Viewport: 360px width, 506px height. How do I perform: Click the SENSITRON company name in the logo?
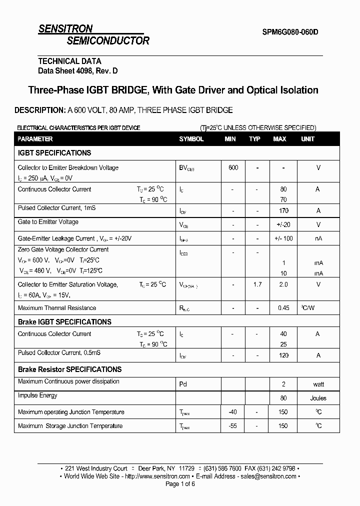tap(65, 29)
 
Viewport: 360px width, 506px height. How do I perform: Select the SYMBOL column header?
tap(191, 139)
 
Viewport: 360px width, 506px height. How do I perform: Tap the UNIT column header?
tap(308, 139)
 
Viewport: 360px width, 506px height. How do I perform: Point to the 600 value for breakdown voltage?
tap(233, 168)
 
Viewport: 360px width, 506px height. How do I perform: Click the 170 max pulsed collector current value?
tap(283, 211)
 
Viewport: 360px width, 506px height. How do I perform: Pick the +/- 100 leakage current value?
tap(283, 238)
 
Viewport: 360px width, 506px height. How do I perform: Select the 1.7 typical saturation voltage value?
tap(257, 284)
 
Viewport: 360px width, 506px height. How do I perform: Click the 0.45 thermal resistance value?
tap(283, 308)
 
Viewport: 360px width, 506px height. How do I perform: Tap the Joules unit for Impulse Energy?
tap(318, 398)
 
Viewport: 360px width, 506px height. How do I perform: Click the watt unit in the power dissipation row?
tap(318, 384)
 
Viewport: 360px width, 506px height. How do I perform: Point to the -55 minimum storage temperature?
tap(233, 426)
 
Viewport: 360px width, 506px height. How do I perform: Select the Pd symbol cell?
tap(183, 384)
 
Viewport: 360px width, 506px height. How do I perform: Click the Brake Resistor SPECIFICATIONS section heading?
tap(69, 369)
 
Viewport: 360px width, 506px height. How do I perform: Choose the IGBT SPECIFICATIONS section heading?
tap(54, 153)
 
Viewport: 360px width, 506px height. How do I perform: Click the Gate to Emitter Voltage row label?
tap(48, 222)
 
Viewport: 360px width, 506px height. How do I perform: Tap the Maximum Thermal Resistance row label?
tap(57, 308)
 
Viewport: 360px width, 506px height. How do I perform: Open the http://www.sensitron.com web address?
tap(157, 476)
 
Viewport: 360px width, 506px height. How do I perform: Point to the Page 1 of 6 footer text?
tap(180, 484)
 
